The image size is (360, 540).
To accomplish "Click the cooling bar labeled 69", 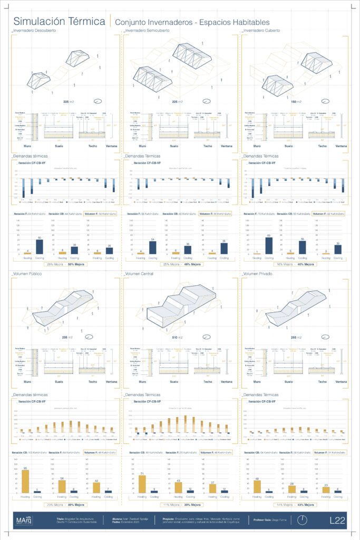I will (x=269, y=246).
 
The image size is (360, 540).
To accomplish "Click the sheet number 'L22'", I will (x=337, y=520).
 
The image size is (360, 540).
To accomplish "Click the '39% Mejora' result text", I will (x=192, y=505).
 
